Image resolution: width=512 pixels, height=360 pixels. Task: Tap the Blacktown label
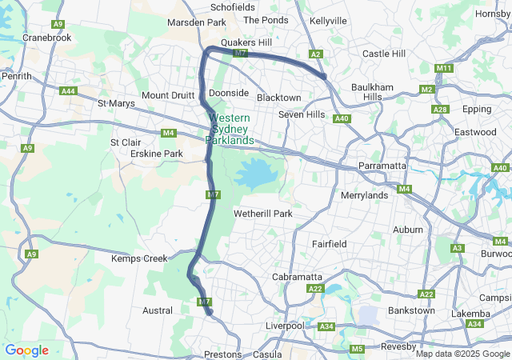279,98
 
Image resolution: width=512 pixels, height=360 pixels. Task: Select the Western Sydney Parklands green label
230,129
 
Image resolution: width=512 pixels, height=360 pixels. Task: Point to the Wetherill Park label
262,214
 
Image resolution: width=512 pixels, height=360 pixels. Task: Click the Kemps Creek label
139,258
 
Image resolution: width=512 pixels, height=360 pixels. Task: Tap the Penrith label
16,76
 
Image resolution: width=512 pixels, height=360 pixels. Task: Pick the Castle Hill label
384,54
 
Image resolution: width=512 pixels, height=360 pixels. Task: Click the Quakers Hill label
247,43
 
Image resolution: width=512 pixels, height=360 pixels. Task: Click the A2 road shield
316,54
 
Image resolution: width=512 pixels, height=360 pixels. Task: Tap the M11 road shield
445,69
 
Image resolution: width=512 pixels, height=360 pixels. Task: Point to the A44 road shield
68,91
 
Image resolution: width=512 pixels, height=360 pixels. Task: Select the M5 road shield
357,349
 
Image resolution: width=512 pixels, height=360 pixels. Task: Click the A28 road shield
439,110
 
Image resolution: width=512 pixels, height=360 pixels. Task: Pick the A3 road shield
458,249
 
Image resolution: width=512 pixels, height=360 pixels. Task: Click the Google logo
26,350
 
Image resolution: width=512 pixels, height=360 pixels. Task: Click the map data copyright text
462,354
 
